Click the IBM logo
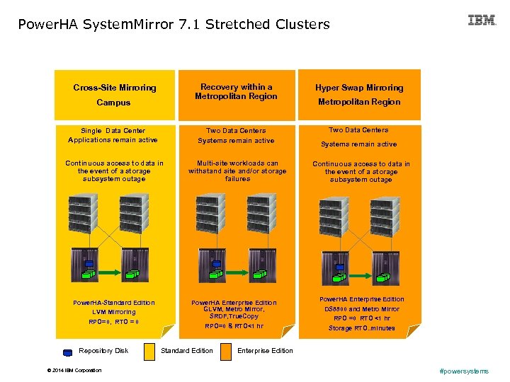click(x=482, y=21)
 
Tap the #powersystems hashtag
click(x=464, y=371)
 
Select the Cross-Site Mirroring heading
click(x=115, y=88)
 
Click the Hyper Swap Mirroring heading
click(x=359, y=88)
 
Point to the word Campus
click(x=113, y=103)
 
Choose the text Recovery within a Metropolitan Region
click(x=237, y=91)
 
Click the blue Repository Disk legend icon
click(x=67, y=352)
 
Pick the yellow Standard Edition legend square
click(x=149, y=351)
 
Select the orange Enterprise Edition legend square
click(x=226, y=351)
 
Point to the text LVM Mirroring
click(x=113, y=312)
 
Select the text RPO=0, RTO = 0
click(x=113, y=322)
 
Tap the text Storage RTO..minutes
click(x=361, y=328)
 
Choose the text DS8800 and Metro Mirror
click(x=361, y=309)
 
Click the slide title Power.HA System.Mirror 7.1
click(x=174, y=25)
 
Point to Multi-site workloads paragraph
click(x=237, y=170)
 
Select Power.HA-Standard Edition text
click(x=113, y=303)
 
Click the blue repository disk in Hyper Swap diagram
click(x=340, y=267)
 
